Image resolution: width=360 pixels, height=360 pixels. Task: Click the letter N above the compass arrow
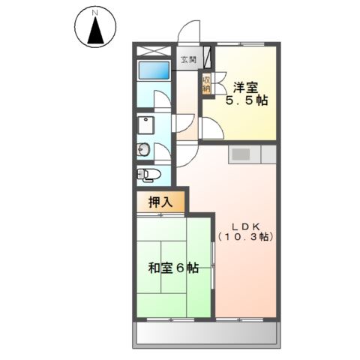click(94, 13)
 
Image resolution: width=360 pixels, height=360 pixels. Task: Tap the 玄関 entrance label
click(187, 59)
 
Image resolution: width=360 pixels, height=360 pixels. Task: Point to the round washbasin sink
click(144, 150)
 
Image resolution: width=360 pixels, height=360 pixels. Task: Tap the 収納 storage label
click(205, 83)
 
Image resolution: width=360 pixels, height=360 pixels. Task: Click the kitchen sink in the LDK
click(241, 154)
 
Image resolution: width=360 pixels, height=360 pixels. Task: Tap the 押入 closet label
click(158, 201)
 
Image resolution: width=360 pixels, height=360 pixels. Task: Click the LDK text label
click(244, 224)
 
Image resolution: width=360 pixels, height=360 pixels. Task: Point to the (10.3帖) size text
click(245, 237)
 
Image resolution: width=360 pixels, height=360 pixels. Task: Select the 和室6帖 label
click(172, 267)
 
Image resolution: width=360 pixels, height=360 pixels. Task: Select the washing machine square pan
click(145, 124)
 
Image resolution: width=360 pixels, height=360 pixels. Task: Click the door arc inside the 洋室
click(212, 129)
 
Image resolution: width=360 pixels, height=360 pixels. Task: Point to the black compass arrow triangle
click(95, 31)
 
